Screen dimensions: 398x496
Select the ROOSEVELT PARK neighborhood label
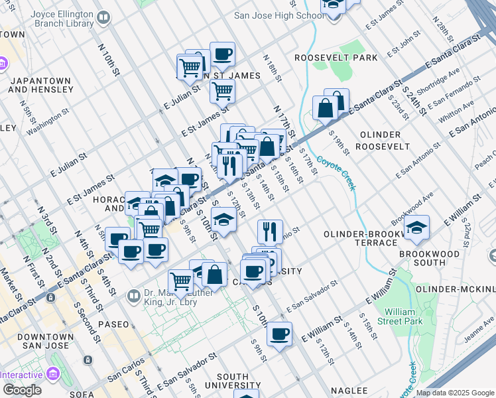[336, 58]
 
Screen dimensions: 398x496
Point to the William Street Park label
[403, 316]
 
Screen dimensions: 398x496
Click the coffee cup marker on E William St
[279, 334]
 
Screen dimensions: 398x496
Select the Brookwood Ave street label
[412, 208]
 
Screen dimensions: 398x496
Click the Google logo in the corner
[22, 390]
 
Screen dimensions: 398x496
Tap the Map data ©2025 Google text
[456, 393]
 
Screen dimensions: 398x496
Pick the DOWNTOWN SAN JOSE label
[32, 346]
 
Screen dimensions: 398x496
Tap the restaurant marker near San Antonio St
[269, 231]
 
